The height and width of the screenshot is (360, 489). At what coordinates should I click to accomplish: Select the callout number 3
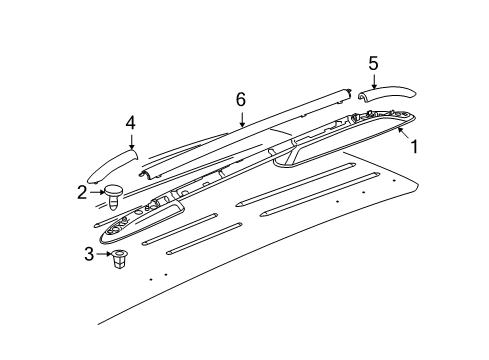pyautogui.click(x=89, y=255)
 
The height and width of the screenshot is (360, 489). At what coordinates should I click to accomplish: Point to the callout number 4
pyautogui.click(x=130, y=123)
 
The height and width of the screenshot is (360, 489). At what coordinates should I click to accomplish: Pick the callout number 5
pyautogui.click(x=373, y=63)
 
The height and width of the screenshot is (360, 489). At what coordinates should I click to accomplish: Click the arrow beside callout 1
pyautogui.click(x=401, y=131)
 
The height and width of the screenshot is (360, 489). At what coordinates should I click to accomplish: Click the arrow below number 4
pyautogui.click(x=130, y=140)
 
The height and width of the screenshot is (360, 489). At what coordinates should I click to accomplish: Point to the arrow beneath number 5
pyautogui.click(x=373, y=82)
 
